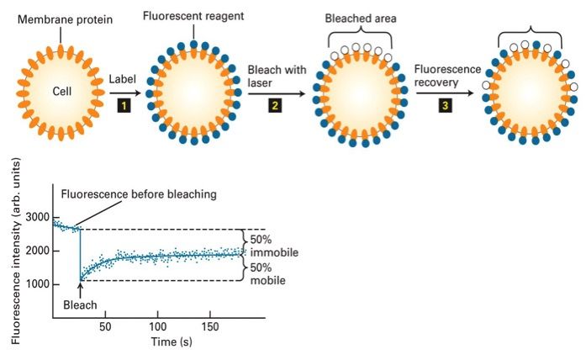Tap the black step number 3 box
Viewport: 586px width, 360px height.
(x=444, y=104)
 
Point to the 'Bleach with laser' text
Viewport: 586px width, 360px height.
(x=277, y=77)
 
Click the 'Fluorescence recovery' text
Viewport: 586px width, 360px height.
(x=446, y=77)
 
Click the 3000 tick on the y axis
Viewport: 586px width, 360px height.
(x=36, y=217)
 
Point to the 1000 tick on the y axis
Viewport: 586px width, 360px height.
(x=36, y=283)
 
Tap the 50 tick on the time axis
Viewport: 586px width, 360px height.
(x=105, y=326)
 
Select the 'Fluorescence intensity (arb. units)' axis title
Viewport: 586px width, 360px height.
(x=14, y=253)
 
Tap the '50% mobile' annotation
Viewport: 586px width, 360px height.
(x=268, y=273)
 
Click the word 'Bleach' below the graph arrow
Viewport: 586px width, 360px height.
(x=81, y=304)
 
